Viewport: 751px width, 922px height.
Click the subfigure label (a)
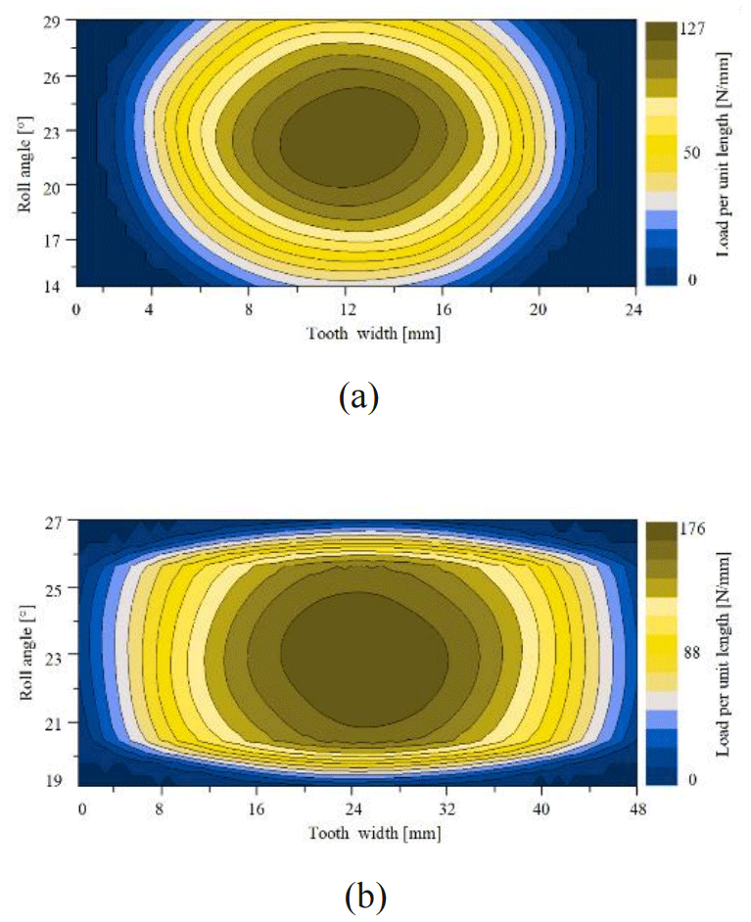357,397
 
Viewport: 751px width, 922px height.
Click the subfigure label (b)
365,896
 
